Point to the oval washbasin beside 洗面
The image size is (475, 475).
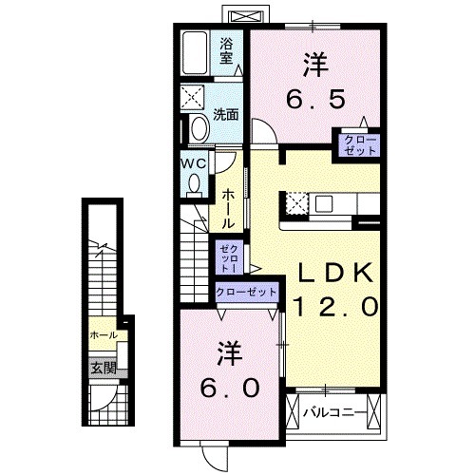pos(199,129)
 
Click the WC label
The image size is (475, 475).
pos(195,162)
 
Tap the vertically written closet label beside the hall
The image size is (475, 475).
pos(228,256)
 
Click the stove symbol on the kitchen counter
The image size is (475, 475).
pos(295,202)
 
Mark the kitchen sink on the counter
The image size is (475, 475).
pos(325,202)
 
